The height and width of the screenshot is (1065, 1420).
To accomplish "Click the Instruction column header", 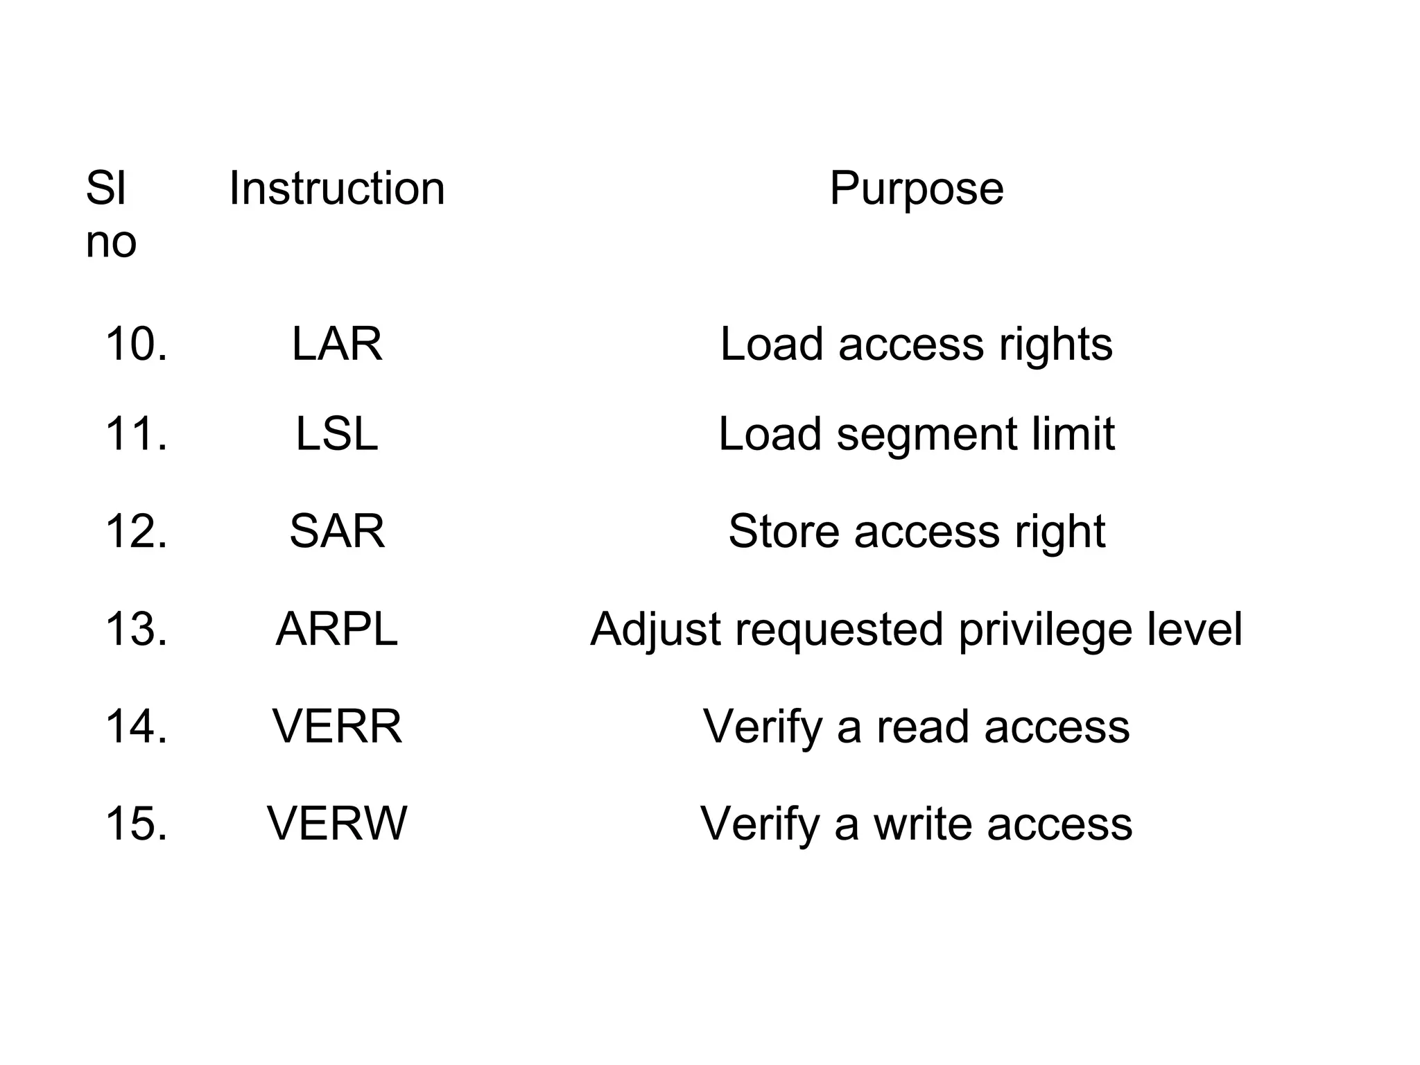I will pos(337,188).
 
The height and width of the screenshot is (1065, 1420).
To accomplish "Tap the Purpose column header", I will pos(916,188).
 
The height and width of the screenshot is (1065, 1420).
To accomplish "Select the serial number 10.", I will pos(136,344).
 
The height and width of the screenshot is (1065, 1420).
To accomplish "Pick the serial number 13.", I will pos(136,630).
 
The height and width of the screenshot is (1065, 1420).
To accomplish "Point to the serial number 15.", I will pos(136,824).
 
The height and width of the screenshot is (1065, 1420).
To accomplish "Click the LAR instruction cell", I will pos(337,344).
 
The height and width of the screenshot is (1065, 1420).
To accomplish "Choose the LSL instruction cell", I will pos(337,434).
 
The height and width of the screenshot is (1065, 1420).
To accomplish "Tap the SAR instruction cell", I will pos(337,532).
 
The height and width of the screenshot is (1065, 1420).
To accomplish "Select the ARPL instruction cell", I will pos(337,630).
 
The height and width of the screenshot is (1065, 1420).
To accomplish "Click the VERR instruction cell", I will pos(337,727).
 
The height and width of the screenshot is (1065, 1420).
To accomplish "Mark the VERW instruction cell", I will pos(337,824).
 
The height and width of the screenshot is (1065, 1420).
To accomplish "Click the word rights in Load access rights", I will pos(1055,345).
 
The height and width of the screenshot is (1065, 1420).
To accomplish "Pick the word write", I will pos(923,824).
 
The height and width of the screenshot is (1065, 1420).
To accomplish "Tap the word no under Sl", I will pos(111,243).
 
